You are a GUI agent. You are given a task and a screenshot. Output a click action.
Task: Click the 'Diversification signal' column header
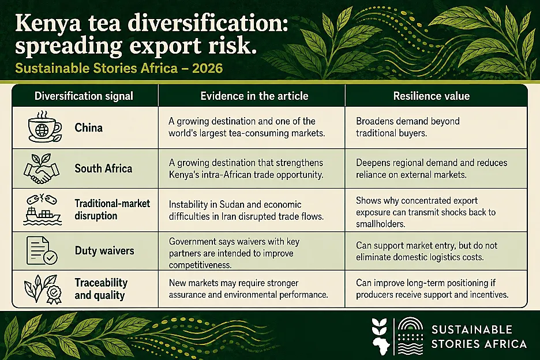(x=84, y=96)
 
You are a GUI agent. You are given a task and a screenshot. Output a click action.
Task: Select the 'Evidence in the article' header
(x=254, y=96)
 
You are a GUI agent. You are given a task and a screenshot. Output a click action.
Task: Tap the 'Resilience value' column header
(x=431, y=96)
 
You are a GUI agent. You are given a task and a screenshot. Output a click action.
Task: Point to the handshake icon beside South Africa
(x=42, y=168)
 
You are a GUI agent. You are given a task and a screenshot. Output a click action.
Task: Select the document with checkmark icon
(x=42, y=250)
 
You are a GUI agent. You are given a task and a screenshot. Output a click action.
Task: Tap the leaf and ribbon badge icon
(x=43, y=289)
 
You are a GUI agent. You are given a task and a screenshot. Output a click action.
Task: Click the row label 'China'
(x=88, y=128)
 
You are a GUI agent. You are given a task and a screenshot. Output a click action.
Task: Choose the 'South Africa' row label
(x=103, y=168)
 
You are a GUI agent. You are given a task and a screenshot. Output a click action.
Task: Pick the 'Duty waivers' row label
(x=104, y=250)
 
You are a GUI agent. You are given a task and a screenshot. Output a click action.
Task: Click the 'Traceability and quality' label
(x=101, y=289)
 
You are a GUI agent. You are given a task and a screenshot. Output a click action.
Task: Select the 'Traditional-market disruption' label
(x=112, y=209)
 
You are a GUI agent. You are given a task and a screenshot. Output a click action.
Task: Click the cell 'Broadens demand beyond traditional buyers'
(x=408, y=127)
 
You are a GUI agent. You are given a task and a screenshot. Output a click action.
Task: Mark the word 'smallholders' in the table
(x=381, y=224)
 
